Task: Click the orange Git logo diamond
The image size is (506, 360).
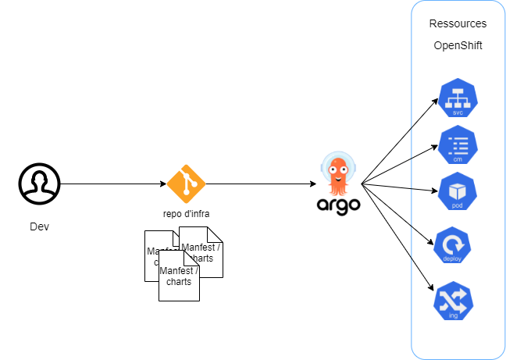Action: pyautogui.click(x=186, y=184)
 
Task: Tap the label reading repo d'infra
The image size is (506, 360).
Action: pyautogui.click(x=186, y=213)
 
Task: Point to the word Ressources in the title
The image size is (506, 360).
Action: pyautogui.click(x=458, y=24)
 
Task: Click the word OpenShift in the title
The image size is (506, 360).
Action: pyautogui.click(x=458, y=46)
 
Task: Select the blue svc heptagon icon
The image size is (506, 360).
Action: pyautogui.click(x=458, y=98)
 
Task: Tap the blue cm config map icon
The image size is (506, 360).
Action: pyautogui.click(x=458, y=145)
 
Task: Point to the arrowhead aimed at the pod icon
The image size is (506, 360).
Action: pyautogui.click(x=435, y=190)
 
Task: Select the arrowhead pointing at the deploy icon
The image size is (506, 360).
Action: pyautogui.click(x=433, y=242)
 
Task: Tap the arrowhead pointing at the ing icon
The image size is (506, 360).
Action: pyautogui.click(x=434, y=292)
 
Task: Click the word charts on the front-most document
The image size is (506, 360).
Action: pyautogui.click(x=179, y=282)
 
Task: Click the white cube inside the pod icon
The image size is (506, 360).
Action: pyautogui.click(x=458, y=188)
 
